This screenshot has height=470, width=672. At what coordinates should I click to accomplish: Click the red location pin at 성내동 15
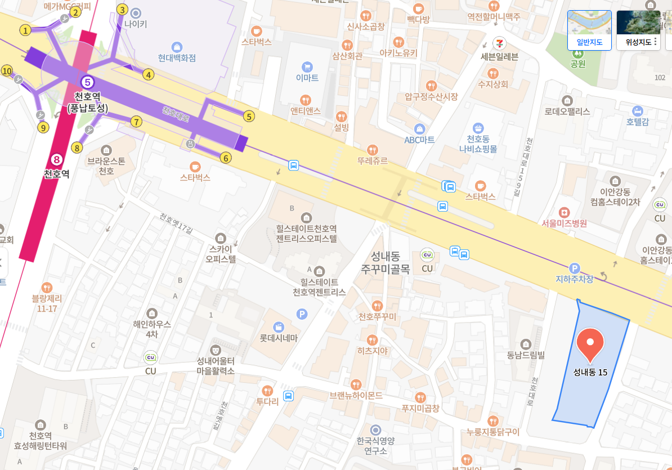pyautogui.click(x=590, y=344)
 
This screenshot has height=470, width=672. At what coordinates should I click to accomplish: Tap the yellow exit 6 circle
pyautogui.click(x=226, y=158)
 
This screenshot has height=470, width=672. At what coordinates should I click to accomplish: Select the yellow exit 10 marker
pyautogui.click(x=7, y=71)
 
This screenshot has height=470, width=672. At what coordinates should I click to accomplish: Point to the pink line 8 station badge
pyautogui.click(x=56, y=160)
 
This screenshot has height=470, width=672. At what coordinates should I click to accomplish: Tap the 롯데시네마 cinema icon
pyautogui.click(x=278, y=326)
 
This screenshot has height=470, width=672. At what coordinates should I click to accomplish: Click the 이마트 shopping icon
pyautogui.click(x=307, y=66)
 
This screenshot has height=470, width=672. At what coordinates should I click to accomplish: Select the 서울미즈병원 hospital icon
pyautogui.click(x=564, y=212)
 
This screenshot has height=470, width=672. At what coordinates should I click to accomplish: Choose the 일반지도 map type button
pyautogui.click(x=589, y=30)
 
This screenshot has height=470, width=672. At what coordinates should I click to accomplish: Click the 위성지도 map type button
pyautogui.click(x=638, y=30)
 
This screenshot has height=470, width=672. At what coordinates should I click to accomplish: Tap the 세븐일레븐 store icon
pyautogui.click(x=499, y=43)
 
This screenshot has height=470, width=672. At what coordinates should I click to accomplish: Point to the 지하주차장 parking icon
pyautogui.click(x=575, y=268)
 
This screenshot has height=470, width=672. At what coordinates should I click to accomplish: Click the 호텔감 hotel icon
pyautogui.click(x=637, y=110)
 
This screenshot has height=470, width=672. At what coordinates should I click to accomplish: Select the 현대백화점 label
pyautogui.click(x=177, y=58)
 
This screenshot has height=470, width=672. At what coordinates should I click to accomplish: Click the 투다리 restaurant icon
pyautogui.click(x=268, y=391)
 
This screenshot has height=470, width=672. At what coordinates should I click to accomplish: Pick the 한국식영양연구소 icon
pyautogui.click(x=375, y=430)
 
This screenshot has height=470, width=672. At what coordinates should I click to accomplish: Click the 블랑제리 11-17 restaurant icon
pyautogui.click(x=47, y=287)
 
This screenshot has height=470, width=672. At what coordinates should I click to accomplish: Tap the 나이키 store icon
pyautogui.click(x=136, y=12)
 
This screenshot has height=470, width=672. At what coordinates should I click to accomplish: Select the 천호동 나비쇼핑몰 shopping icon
pyautogui.click(x=478, y=128)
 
